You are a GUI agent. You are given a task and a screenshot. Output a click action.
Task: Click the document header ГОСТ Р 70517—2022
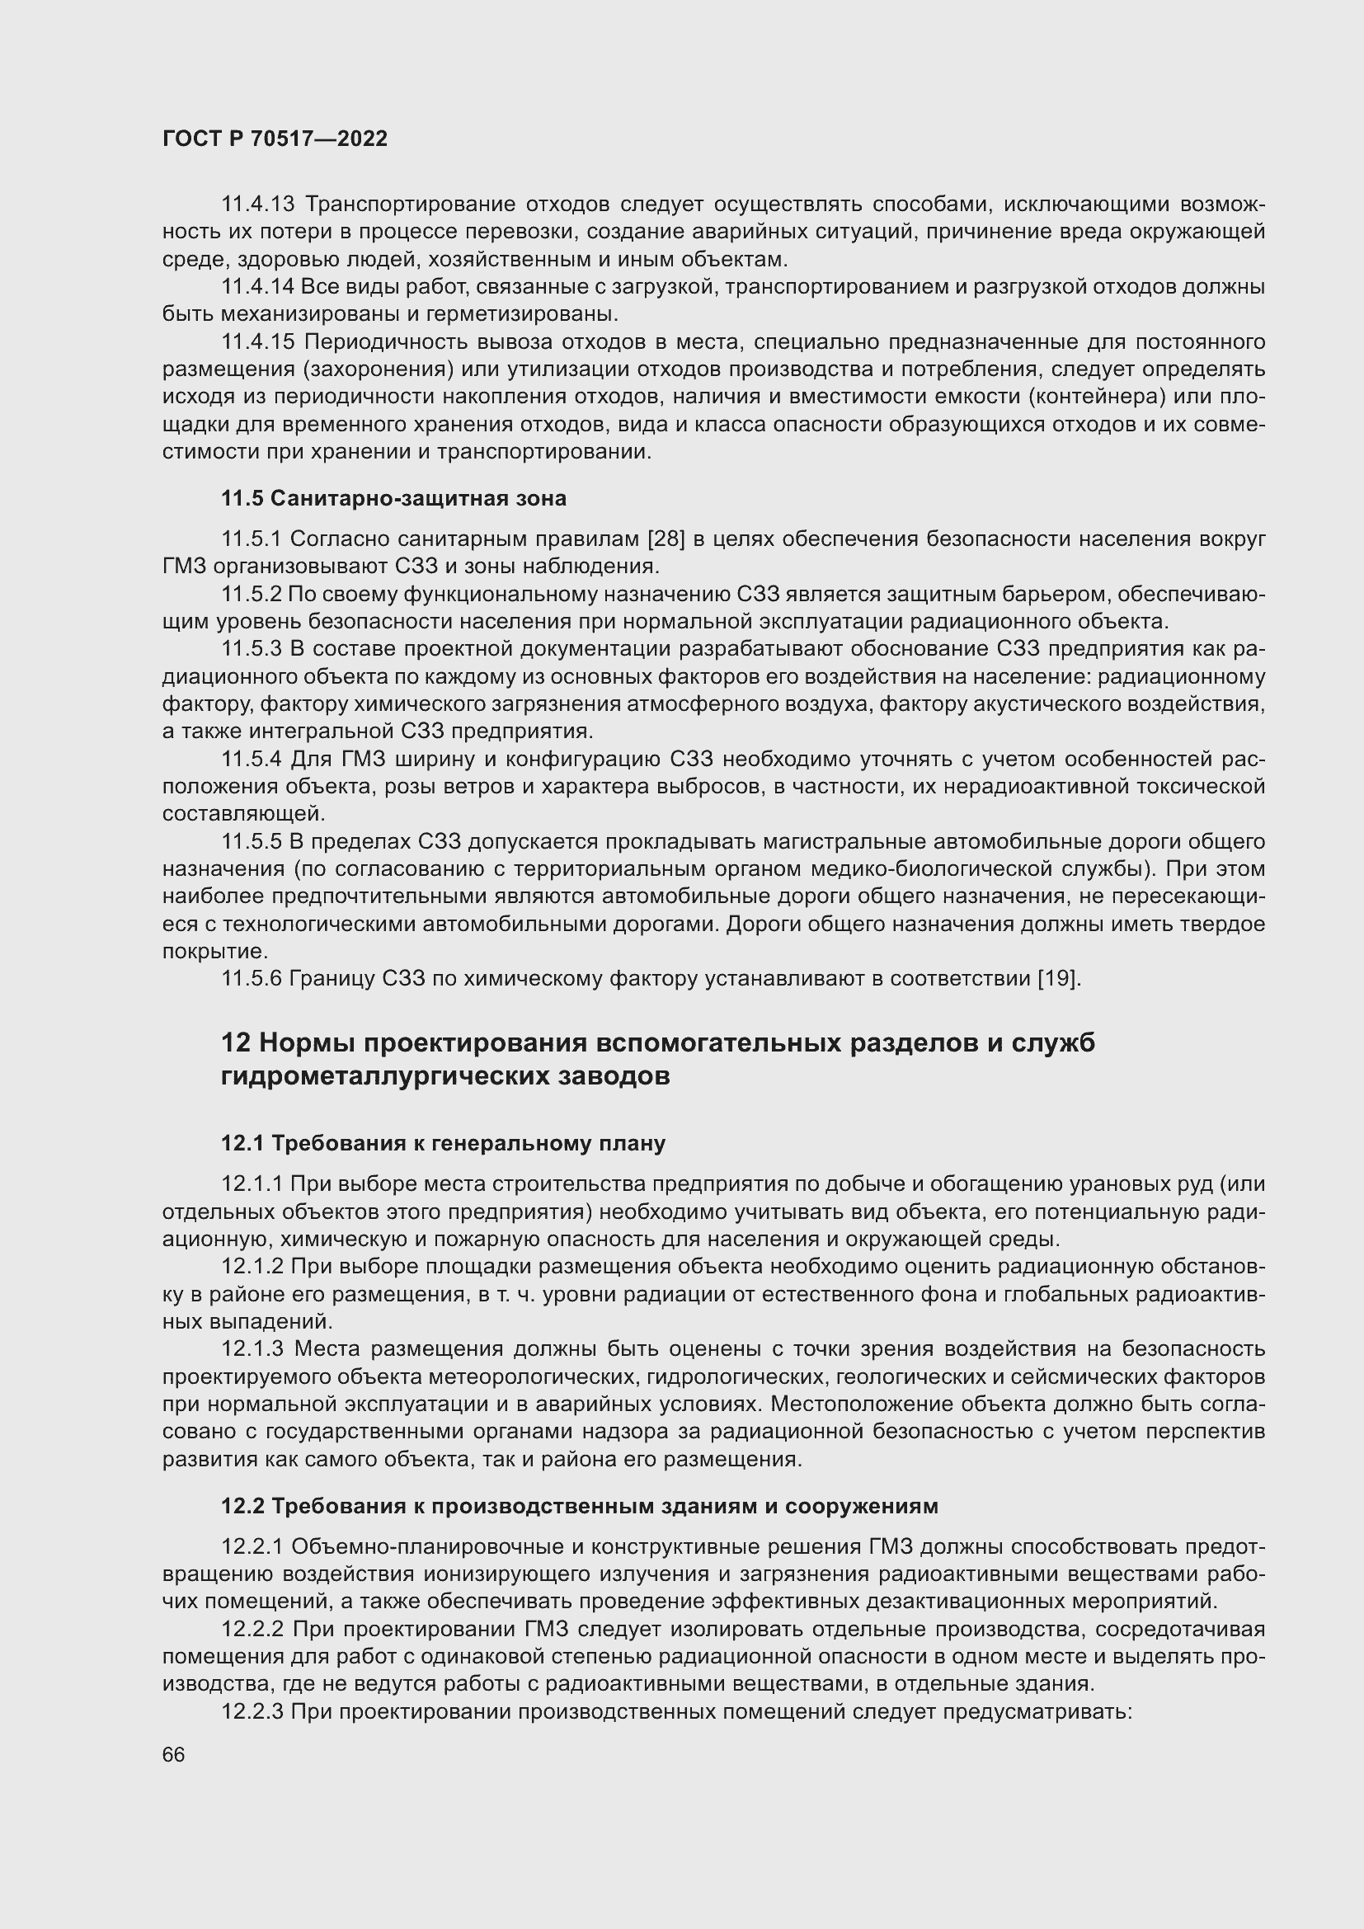pos(275,139)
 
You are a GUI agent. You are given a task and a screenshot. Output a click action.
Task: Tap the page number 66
pos(173,1755)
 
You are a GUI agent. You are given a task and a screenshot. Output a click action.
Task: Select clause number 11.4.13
pos(258,205)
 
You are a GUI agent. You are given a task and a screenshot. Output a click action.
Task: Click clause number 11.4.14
pos(258,287)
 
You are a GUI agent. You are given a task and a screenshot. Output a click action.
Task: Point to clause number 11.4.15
pos(258,343)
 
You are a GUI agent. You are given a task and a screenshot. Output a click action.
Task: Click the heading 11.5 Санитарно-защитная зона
pos(393,498)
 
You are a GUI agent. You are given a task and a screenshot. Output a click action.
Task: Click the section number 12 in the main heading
pos(236,1043)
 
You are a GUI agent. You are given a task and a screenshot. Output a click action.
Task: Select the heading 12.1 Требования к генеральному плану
pos(443,1143)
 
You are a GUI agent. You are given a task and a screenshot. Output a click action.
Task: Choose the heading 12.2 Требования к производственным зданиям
pos(579,1507)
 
